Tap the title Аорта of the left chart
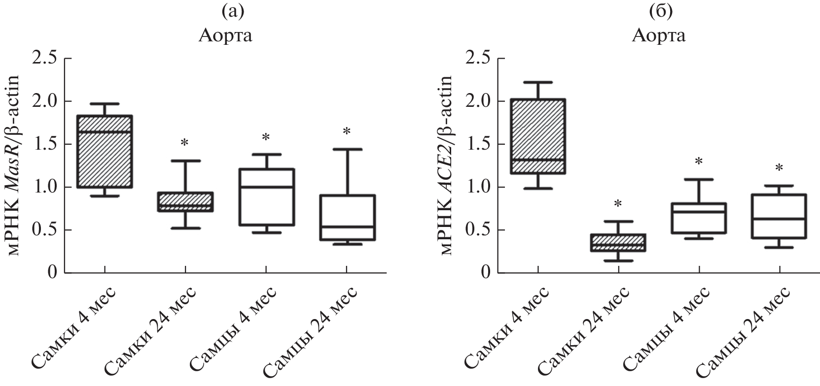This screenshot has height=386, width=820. coord(226,36)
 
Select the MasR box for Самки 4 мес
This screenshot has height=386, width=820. coord(105,151)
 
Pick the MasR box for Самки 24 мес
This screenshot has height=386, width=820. coord(185,202)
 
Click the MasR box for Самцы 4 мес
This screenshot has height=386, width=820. coord(266,197)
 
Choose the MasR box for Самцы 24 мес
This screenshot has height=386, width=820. coord(347,218)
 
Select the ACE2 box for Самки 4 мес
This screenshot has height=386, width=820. coord(537,136)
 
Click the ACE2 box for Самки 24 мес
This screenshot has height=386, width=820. coord(618,242)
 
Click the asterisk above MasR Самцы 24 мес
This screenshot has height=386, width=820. coord(347,132)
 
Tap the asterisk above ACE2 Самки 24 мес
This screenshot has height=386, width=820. coord(618,204)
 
